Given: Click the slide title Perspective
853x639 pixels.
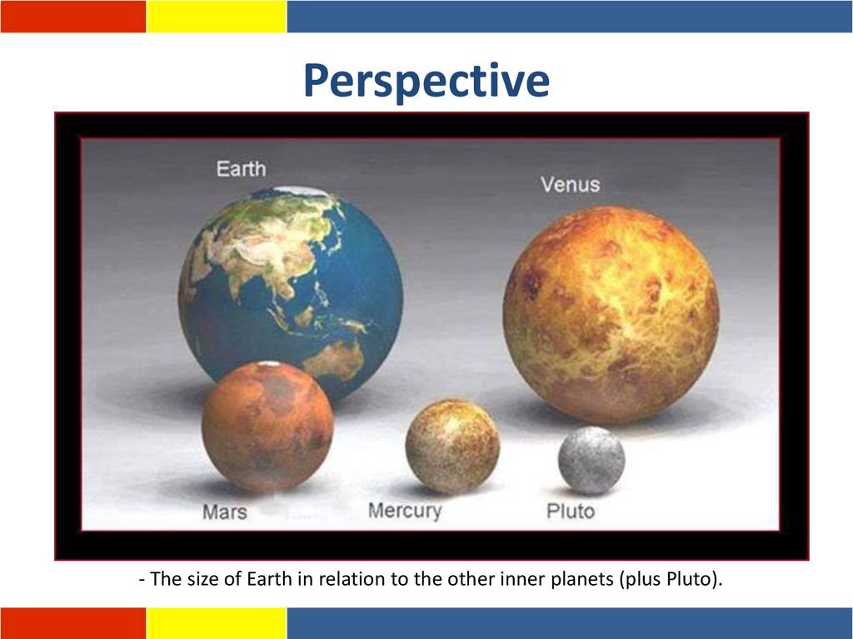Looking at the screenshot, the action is (426, 81).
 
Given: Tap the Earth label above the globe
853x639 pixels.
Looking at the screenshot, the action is (241, 169).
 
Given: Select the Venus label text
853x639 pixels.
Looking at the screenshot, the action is (570, 185).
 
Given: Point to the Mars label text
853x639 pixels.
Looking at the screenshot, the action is (225, 512).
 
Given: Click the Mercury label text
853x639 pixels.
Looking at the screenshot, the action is (405, 511).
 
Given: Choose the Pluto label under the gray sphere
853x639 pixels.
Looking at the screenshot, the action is (570, 512).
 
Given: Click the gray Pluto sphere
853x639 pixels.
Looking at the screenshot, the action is (591, 460).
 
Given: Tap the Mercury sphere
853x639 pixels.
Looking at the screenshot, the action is (452, 447).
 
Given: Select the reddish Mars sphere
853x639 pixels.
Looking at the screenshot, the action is (267, 427).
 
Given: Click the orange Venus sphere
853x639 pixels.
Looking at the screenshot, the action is (611, 315).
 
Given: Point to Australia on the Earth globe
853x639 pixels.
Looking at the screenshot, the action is (334, 359).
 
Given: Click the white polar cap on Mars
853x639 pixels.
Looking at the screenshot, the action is (268, 364).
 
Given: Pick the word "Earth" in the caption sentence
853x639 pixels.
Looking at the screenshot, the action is (269, 579).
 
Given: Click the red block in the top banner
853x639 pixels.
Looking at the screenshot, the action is (73, 17).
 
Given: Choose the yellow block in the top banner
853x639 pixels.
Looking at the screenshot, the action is (217, 17).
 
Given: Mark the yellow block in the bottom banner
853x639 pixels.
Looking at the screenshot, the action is (217, 623).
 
